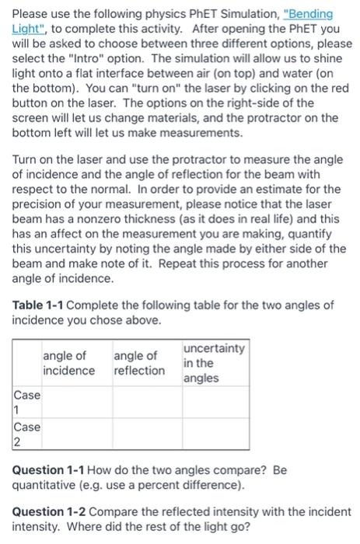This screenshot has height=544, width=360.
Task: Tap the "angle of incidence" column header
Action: click(x=69, y=363)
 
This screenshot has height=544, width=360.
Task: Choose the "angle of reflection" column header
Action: click(x=139, y=363)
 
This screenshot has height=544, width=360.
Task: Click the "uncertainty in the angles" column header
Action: click(x=213, y=363)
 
